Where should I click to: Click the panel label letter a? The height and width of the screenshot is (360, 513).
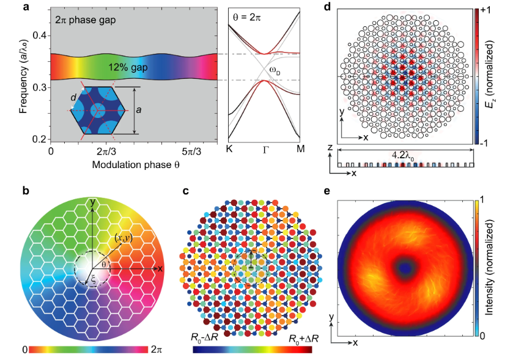[x=26, y=8]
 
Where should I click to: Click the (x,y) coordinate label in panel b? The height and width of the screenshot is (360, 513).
[x=123, y=238]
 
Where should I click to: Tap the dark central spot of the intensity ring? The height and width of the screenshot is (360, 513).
[x=405, y=268]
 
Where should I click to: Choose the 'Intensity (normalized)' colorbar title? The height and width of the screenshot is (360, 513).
[x=489, y=268]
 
